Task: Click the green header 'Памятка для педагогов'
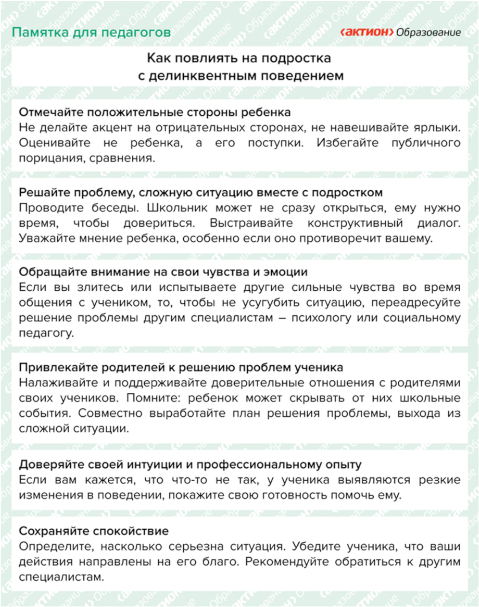pos(91,33)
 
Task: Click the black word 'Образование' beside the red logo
pos(428,33)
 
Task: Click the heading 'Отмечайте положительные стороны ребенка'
pos(155,112)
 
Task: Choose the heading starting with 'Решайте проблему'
pos(201,192)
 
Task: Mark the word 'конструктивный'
pos(355,223)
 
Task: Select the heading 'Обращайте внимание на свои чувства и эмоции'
pos(163,272)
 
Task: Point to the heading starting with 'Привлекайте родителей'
pos(181,367)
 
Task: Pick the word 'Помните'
pos(153,398)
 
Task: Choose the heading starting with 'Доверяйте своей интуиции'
pos(190,465)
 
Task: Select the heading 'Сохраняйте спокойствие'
pos(94,531)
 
